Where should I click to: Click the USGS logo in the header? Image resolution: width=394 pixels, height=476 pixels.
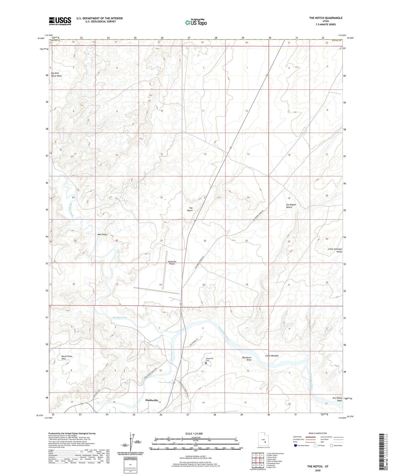pyautogui.click(x=60, y=21)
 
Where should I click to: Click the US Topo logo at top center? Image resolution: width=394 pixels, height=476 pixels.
pyautogui.click(x=196, y=22)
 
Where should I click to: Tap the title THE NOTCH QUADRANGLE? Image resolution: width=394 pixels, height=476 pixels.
pyautogui.click(x=326, y=18)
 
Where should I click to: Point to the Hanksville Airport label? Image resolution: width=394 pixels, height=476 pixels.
pyautogui.click(x=172, y=263)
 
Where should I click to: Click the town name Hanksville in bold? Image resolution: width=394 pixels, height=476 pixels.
pyautogui.click(x=152, y=400)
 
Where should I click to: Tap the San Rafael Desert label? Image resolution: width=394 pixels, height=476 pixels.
pyautogui.click(x=289, y=206)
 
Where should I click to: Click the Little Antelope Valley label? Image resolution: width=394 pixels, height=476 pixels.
pyautogui.click(x=335, y=250)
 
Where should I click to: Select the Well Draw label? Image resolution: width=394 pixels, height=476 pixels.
pyautogui.click(x=102, y=234)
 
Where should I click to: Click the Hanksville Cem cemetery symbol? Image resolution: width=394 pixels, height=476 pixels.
pyautogui.click(x=206, y=363)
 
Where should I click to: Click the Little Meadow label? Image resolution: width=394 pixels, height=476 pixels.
pyautogui.click(x=272, y=356)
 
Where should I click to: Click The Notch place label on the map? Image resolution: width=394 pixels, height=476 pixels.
pyautogui.click(x=190, y=209)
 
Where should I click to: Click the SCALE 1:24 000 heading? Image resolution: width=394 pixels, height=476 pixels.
pyautogui.click(x=194, y=433)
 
